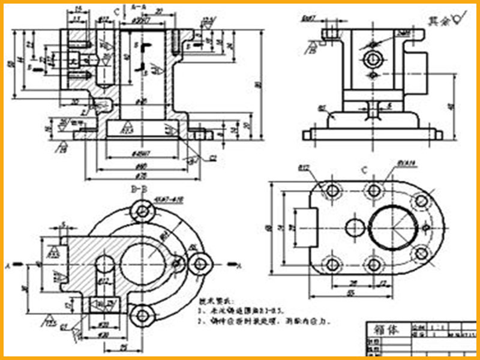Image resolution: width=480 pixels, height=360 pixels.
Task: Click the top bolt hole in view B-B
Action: tap(142, 211)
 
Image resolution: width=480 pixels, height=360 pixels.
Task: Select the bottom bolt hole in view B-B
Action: tap(142, 314)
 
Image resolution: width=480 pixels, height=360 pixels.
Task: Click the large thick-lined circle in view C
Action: tap(393, 228)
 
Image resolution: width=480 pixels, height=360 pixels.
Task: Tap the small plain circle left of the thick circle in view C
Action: tap(355, 228)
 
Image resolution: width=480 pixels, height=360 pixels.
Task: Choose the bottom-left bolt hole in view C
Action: tap(331, 265)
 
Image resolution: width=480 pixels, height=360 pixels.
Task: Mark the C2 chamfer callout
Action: tap(212, 158)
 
